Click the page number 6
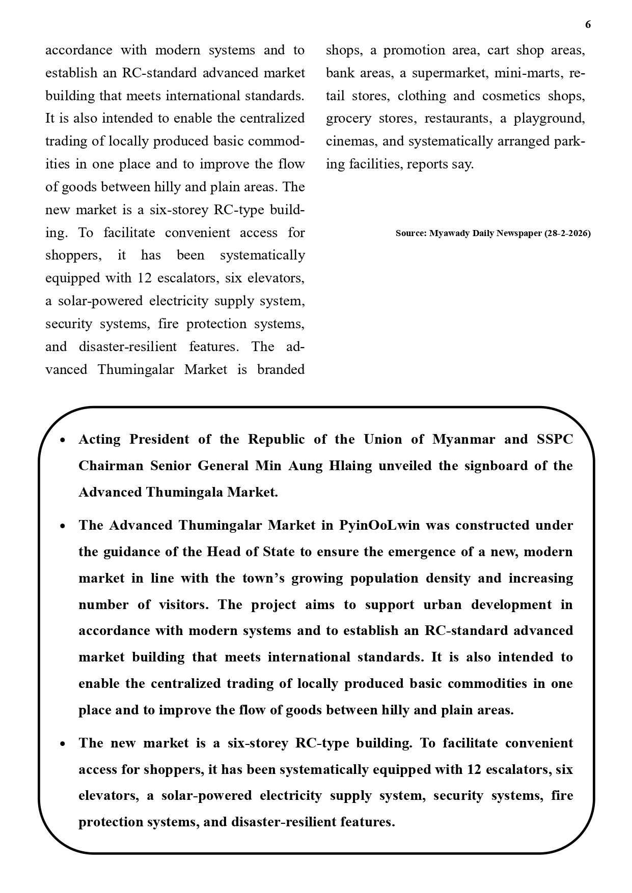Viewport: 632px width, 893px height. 588,24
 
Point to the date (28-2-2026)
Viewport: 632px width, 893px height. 567,234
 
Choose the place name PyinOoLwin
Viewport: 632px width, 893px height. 379,526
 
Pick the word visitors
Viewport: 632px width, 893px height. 183,605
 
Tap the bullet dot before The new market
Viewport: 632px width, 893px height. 63,744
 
